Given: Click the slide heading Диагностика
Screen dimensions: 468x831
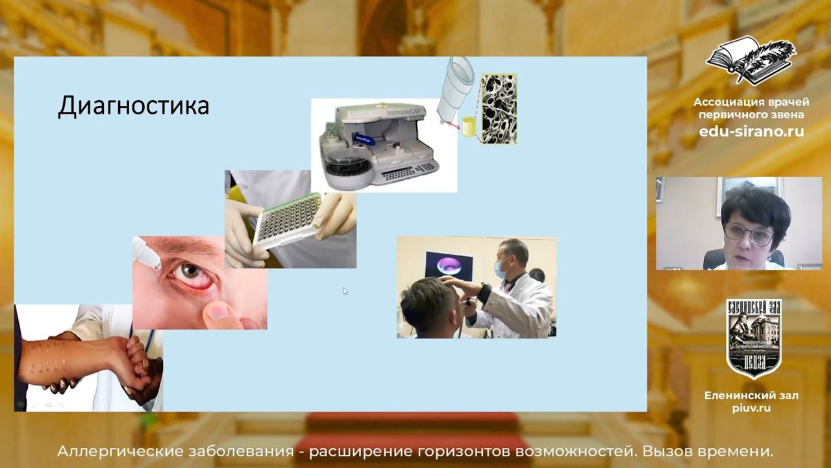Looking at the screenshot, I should (x=133, y=106).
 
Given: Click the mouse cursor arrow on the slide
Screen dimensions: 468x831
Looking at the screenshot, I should (x=345, y=291).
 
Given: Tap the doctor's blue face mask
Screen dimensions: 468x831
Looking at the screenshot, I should (x=501, y=266).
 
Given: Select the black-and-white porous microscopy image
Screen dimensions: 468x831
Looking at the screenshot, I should (x=498, y=109).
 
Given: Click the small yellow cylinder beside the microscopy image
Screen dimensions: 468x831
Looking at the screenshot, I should (x=469, y=127).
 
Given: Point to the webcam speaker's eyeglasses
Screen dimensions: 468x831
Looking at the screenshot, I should (x=751, y=232).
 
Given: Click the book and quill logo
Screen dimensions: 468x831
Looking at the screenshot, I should (x=751, y=60).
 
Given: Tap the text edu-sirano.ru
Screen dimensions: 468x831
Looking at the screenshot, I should (x=751, y=131).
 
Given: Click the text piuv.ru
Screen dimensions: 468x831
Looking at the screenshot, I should (x=751, y=408).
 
